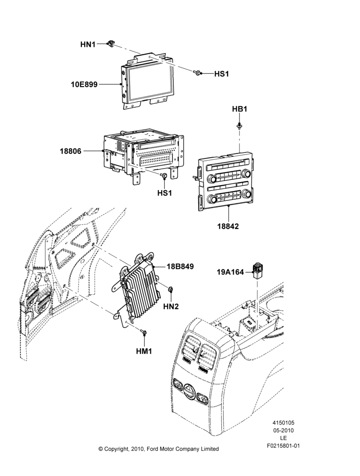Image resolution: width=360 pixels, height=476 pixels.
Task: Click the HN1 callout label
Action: click(88, 44)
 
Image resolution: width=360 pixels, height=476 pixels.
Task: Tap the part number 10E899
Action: click(84, 84)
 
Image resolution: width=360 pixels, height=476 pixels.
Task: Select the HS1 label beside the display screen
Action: click(221, 74)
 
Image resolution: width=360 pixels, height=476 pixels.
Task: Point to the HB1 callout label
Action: click(240, 109)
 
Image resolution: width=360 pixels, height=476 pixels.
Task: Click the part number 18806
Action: click(70, 151)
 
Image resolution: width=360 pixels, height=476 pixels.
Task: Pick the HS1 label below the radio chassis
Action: click(164, 193)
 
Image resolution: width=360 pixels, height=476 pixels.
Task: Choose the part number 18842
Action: click(228, 226)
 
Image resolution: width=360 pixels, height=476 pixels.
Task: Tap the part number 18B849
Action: click(180, 267)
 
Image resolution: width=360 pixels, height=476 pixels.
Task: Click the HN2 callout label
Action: click(171, 307)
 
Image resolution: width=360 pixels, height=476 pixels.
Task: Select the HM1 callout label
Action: click(144, 351)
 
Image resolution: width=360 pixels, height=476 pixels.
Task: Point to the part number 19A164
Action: click(230, 272)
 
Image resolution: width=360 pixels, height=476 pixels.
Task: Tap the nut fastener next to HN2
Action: click(170, 289)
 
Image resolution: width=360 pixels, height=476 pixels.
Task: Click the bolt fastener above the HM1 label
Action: click(144, 333)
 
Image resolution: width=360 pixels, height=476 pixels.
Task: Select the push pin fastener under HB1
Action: click(240, 126)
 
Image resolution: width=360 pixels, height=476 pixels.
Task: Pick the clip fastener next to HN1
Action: click(110, 43)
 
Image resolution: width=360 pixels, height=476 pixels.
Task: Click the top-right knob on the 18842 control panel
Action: click(246, 174)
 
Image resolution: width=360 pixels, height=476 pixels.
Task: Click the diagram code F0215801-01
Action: click(283, 446)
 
